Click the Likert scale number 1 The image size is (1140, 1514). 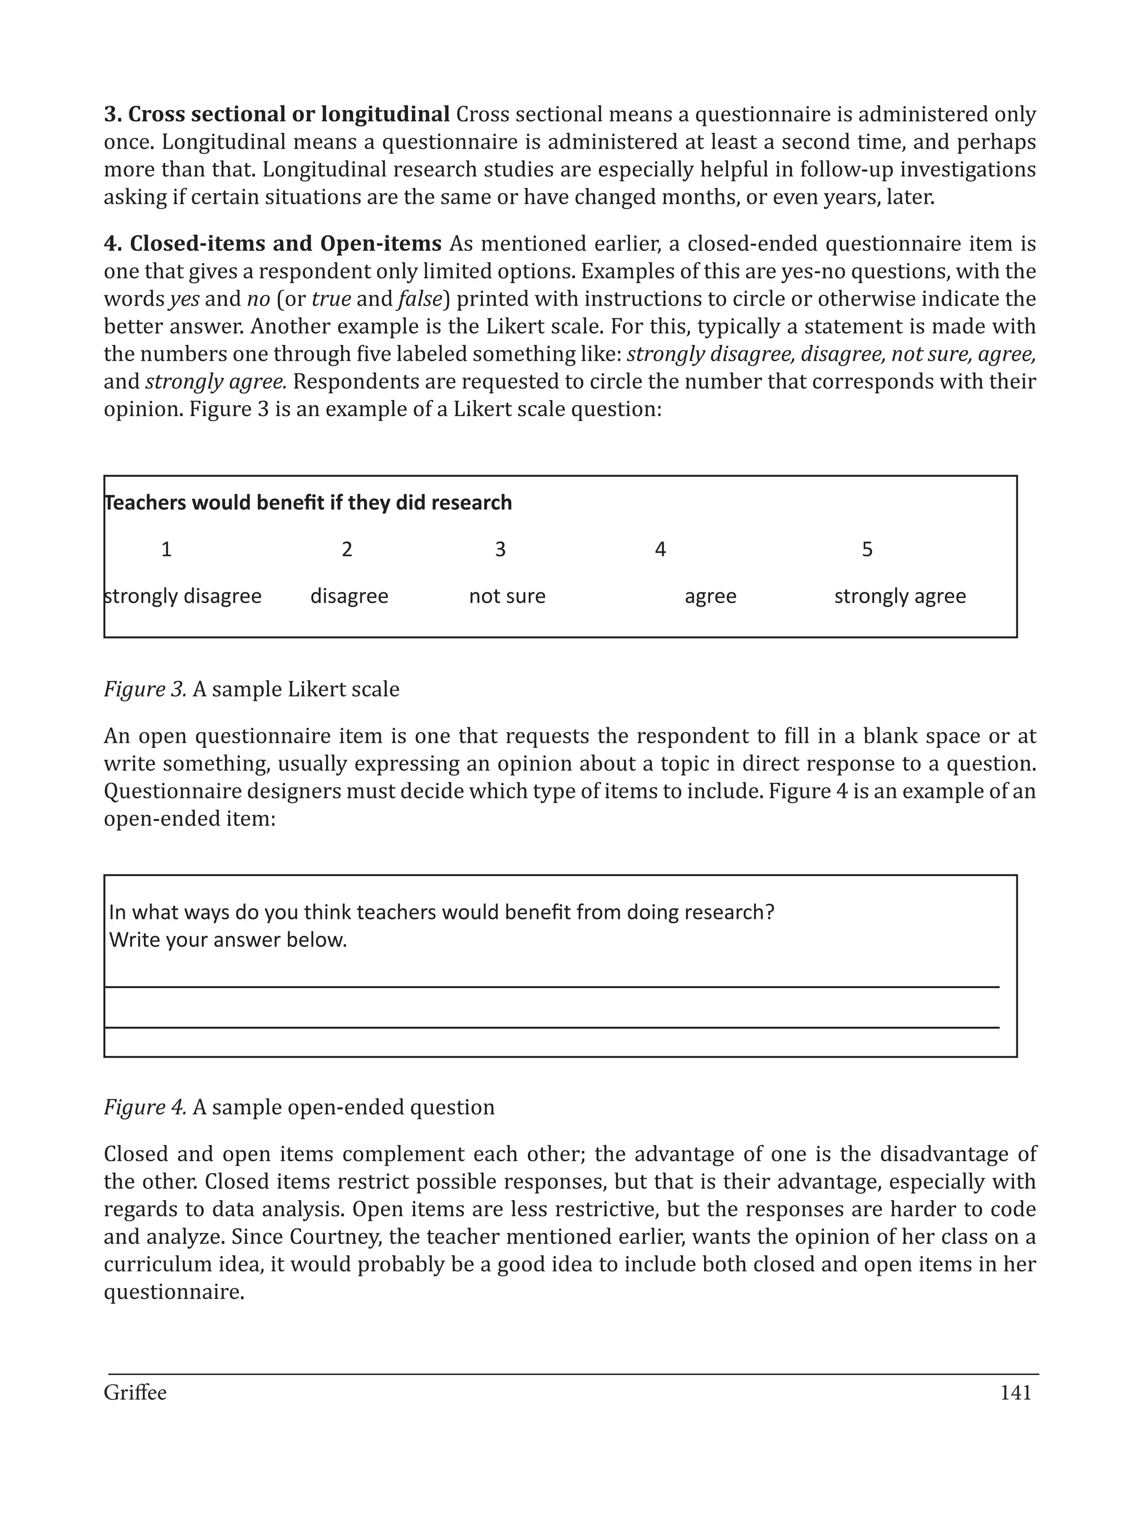point(166,550)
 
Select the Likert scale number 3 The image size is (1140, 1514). point(500,550)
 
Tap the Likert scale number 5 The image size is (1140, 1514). point(867,550)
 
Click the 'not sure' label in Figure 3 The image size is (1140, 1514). point(507,596)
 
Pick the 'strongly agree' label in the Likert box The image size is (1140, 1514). point(900,596)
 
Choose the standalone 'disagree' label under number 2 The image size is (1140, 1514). point(349,596)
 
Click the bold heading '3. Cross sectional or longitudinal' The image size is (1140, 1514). point(277,114)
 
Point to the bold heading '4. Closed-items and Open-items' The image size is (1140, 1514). point(273,244)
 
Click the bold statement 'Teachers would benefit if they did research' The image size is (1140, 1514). point(308,503)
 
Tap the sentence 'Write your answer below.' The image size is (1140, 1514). point(228,940)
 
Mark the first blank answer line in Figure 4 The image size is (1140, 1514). point(551,987)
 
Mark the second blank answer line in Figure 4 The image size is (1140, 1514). point(551,1027)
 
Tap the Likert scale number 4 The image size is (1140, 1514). point(660,550)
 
